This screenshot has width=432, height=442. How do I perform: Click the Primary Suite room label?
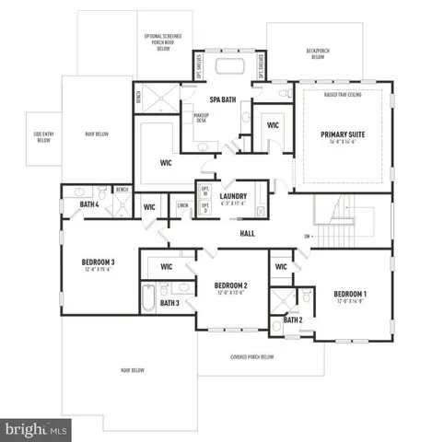pos(343,134)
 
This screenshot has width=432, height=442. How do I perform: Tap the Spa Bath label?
pos(222,99)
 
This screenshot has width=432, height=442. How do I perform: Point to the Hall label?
pos(247,233)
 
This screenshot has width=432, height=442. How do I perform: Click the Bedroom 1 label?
pos(351,294)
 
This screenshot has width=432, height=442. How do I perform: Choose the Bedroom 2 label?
pos(232,285)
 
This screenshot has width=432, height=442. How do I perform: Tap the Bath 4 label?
pos(88,204)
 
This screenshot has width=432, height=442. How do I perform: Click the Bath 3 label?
pos(169,302)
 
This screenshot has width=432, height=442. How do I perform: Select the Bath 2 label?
pos(292,320)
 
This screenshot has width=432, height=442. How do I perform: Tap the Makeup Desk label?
pos(201,117)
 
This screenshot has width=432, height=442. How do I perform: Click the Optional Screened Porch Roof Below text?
pos(164,41)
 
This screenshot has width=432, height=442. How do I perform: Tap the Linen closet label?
pos(182,205)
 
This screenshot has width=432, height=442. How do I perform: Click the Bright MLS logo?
pos(37,429)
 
